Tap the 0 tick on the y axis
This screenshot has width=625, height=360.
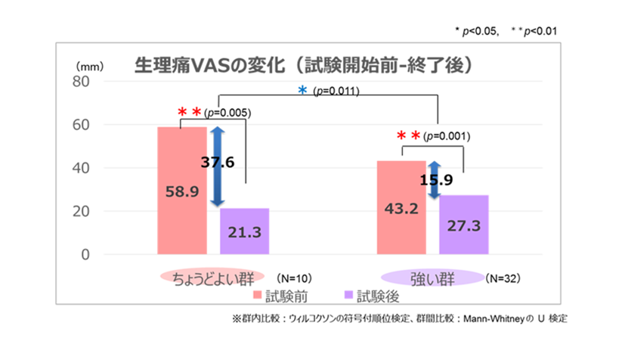(85, 255)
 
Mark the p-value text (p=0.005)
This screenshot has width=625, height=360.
(227, 113)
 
